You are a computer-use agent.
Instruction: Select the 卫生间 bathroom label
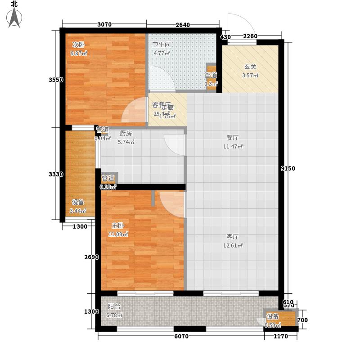[x=161, y=45]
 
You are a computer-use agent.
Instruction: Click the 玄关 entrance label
[x=250, y=67]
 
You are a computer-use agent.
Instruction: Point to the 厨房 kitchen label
[x=126, y=133]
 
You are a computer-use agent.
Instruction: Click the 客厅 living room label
[x=232, y=237]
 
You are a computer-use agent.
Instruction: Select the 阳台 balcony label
[x=114, y=306]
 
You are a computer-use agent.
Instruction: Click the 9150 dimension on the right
[x=287, y=168]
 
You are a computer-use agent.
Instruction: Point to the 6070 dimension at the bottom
[x=181, y=336]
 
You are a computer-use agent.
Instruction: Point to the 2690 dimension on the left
[x=90, y=257]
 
